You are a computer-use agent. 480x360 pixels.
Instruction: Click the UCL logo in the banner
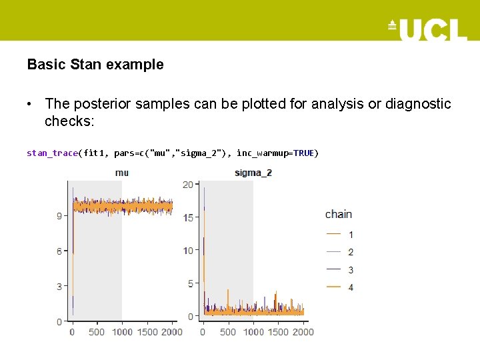click(427, 29)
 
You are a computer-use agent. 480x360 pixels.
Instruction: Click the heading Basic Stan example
click(95, 65)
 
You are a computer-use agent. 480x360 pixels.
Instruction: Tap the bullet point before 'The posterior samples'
click(31, 105)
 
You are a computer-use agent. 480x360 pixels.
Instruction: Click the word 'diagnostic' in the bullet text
click(417, 104)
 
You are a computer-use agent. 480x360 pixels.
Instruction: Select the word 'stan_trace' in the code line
click(52, 153)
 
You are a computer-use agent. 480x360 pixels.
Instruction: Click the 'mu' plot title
click(122, 173)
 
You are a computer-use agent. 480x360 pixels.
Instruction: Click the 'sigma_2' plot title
click(253, 173)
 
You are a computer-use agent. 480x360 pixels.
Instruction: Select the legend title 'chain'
click(339, 214)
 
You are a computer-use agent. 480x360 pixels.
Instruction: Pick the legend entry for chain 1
click(340, 235)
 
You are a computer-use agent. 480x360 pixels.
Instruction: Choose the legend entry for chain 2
click(340, 252)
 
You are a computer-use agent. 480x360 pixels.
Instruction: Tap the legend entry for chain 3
click(340, 269)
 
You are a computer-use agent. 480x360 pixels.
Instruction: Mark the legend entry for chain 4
click(340, 287)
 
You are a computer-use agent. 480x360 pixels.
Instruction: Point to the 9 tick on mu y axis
click(59, 216)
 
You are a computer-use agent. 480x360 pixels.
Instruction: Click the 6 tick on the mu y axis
click(59, 251)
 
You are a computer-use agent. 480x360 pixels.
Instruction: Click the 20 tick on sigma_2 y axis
click(188, 185)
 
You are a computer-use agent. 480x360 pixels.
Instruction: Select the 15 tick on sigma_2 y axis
click(188, 217)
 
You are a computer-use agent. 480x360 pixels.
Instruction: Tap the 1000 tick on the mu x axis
click(122, 332)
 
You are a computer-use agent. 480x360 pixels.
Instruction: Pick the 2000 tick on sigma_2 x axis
click(303, 332)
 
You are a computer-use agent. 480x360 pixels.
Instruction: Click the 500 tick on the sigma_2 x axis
click(228, 332)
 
